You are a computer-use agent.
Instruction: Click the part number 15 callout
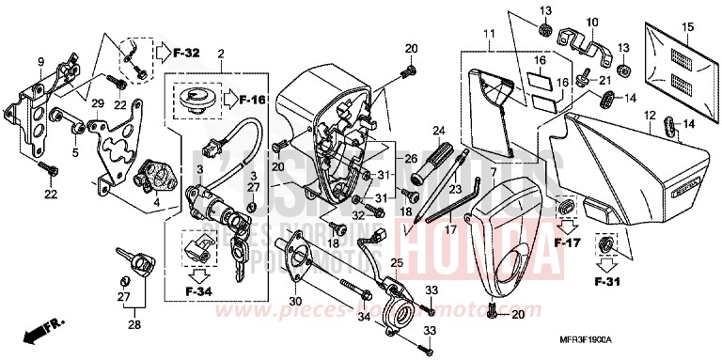[x=686, y=30]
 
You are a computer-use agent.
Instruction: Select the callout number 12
[x=649, y=116]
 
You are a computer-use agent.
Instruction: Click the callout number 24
[x=438, y=130]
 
